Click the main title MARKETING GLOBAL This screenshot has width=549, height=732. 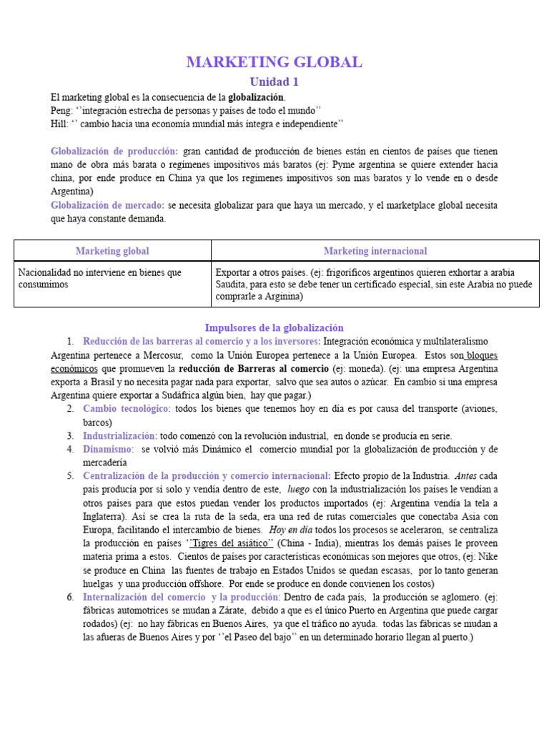[x=274, y=62]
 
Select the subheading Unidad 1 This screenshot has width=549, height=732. [x=274, y=82]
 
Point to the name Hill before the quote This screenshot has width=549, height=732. [x=59, y=123]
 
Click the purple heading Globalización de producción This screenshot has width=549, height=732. [x=114, y=151]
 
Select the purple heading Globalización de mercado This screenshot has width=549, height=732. [x=108, y=205]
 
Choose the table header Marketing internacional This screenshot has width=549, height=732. [x=375, y=251]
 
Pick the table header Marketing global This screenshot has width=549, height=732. [x=112, y=251]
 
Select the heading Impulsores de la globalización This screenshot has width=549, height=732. [x=274, y=327]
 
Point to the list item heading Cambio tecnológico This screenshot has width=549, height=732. [x=127, y=408]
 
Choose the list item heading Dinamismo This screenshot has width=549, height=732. [x=108, y=449]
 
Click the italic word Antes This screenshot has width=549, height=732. [x=465, y=476]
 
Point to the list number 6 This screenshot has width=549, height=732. [x=71, y=597]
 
